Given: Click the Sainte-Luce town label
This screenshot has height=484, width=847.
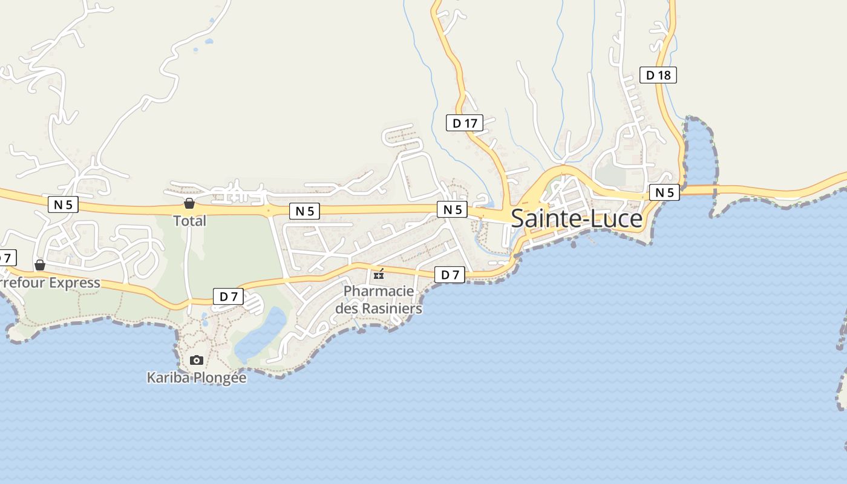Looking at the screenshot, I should point(577,218).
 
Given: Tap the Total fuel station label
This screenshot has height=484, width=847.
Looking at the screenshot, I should point(190,221).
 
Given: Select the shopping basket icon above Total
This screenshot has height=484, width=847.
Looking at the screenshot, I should point(189,203).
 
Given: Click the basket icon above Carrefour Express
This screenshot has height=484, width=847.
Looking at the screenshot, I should point(40,265).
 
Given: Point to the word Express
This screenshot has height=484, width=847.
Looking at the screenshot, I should point(75,283).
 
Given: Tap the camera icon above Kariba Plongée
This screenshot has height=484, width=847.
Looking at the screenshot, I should point(197,360).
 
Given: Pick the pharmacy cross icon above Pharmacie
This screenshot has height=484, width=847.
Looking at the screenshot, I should point(379,275).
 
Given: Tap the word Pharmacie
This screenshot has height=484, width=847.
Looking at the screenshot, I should point(379,291).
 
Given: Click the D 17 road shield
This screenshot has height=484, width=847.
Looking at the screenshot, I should point(465,123).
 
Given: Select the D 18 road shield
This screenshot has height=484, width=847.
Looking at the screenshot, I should point(658,75).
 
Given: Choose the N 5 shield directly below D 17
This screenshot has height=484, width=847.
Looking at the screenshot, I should point(453,209).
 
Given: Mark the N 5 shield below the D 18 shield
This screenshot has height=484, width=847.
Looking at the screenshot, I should point(664,192).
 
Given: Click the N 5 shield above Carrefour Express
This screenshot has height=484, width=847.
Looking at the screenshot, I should point(63,204).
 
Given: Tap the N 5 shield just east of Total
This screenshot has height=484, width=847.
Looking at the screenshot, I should point(304,211).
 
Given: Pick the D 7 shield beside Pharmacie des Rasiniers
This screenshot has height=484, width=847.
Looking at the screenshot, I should point(450,275).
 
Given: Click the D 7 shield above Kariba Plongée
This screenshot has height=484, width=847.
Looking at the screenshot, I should point(228,296).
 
